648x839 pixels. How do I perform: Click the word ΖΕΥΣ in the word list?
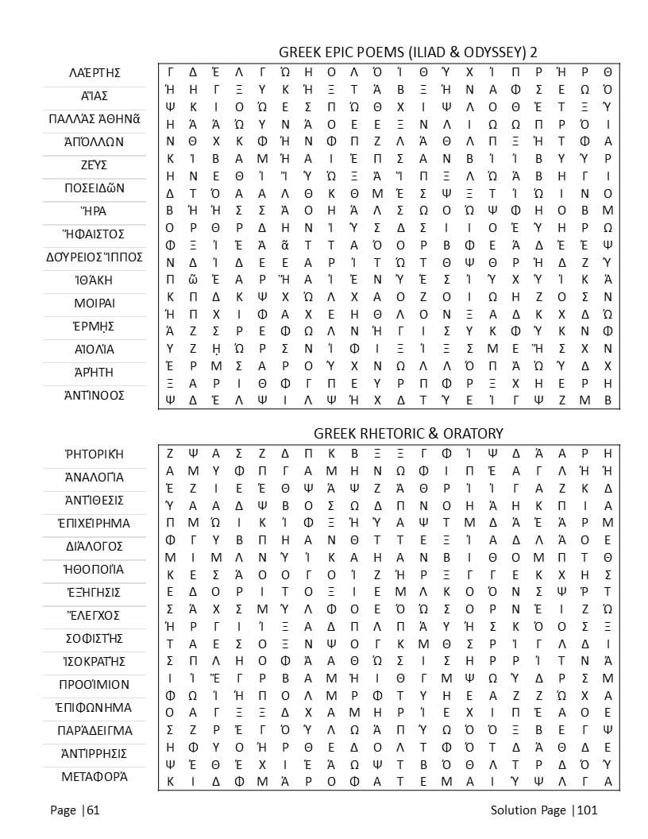click(94, 165)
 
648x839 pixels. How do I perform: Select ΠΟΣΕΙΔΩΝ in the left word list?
click(94, 188)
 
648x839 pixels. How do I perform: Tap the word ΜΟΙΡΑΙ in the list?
click(94, 304)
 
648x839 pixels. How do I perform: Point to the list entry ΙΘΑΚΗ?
click(94, 280)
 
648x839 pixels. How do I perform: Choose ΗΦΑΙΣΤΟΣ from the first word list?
click(94, 234)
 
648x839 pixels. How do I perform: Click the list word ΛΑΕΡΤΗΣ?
click(94, 73)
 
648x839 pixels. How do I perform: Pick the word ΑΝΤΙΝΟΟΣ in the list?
click(94, 396)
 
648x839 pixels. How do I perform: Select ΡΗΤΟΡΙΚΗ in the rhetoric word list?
click(94, 454)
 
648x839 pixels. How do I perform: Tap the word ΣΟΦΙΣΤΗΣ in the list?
click(94, 639)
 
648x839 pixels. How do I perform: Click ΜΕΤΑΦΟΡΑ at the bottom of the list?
click(94, 777)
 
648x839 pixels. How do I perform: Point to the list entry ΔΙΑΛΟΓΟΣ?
click(94, 547)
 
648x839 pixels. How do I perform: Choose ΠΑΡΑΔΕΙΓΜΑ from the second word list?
click(94, 731)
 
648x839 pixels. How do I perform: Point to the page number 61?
click(93, 810)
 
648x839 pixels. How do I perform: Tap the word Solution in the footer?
click(515, 810)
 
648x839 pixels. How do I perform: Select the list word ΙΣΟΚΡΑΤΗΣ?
click(94, 662)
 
